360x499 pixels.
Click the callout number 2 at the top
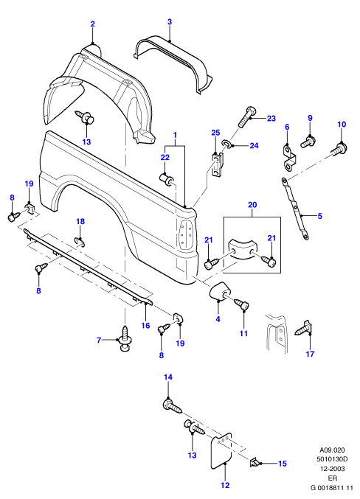click(x=93, y=24)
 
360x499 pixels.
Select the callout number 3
click(x=170, y=21)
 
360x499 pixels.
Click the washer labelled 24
click(x=226, y=144)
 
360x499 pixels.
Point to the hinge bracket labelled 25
click(x=218, y=163)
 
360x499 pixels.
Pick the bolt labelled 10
click(x=340, y=150)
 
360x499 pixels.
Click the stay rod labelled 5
click(x=295, y=209)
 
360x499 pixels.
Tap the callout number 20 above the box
click(x=252, y=205)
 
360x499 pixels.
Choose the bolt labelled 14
click(x=173, y=405)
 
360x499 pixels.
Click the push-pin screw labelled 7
click(x=125, y=338)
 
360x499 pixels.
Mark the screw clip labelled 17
click(x=304, y=328)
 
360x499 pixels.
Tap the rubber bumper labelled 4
click(x=219, y=290)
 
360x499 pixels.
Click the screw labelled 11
click(x=242, y=304)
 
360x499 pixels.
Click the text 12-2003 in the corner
click(x=332, y=469)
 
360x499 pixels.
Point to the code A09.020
click(x=332, y=450)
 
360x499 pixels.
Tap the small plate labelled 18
click(x=80, y=242)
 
